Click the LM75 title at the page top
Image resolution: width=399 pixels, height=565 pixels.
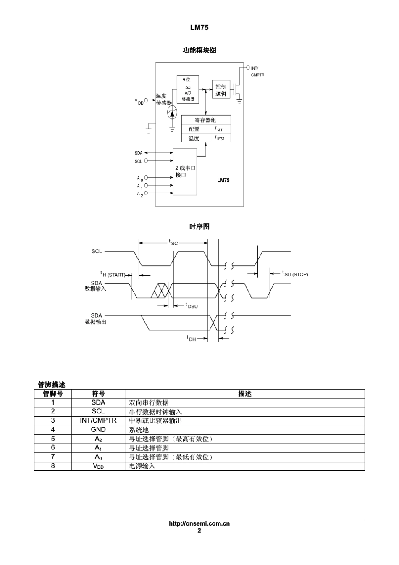[199, 28]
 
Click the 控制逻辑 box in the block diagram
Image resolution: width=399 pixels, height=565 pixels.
[221, 89]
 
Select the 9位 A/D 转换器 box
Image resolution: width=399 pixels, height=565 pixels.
[188, 89]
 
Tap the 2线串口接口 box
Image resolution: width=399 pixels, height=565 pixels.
[185, 171]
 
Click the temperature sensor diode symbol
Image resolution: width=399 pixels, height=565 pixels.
[172, 113]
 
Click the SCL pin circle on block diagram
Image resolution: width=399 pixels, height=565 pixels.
[146, 161]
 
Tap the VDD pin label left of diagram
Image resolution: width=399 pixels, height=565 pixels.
[139, 101]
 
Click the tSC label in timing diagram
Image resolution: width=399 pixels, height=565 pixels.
[173, 242]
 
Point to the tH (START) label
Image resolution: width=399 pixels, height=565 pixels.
[113, 274]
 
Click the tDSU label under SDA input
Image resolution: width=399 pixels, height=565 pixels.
[192, 306]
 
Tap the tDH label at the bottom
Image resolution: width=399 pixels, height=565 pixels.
[192, 338]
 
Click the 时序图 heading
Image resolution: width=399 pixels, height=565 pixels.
[199, 227]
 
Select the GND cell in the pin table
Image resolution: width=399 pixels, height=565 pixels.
[98, 430]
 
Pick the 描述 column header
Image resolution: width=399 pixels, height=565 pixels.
[244, 394]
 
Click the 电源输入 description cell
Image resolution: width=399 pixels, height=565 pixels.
[142, 466]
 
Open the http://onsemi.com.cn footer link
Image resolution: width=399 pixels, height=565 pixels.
[199, 523]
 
